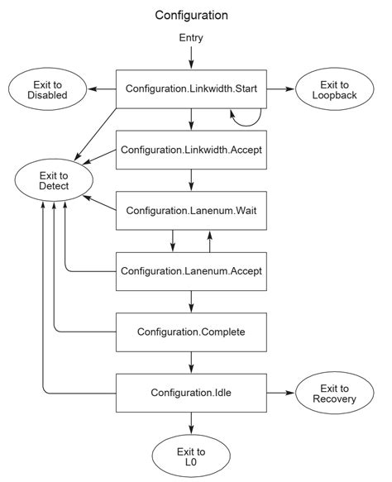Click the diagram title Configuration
pos(191,15)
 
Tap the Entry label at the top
pos(191,39)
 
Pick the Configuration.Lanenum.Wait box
pos(191,210)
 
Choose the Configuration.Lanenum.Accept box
pos(191,270)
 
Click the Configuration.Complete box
pos(191,331)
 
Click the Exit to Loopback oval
pos(335,88)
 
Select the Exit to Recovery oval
pos(335,394)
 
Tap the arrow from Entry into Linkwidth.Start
pos(191,57)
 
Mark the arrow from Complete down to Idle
pos(191,360)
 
